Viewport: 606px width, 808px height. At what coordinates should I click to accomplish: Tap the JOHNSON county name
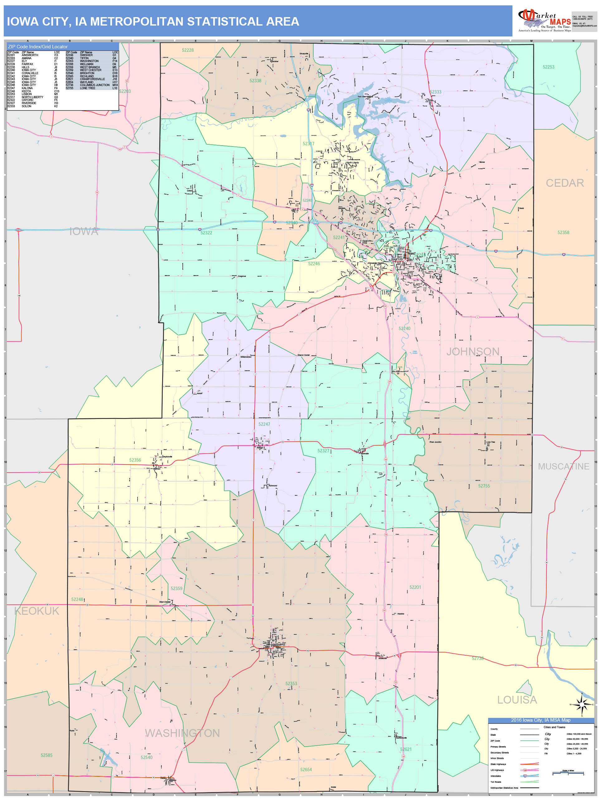click(x=473, y=351)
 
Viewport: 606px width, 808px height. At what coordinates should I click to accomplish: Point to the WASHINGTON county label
click(x=182, y=733)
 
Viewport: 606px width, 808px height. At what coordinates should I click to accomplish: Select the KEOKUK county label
click(x=36, y=611)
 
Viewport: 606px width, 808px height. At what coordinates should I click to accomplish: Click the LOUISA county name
click(x=517, y=700)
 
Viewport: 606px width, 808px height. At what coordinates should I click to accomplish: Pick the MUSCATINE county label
click(x=563, y=466)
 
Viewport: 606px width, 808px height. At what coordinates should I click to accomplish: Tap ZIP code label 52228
click(x=188, y=50)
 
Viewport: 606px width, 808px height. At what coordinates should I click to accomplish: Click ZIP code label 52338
click(x=255, y=81)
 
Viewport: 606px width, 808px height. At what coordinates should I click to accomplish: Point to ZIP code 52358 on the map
click(x=563, y=233)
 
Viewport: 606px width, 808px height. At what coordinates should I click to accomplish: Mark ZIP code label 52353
click(x=291, y=683)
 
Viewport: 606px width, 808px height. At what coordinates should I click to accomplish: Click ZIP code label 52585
click(x=46, y=755)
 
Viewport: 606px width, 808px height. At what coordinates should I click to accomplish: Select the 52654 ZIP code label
click(x=306, y=769)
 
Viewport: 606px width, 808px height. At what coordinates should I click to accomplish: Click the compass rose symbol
click(x=582, y=704)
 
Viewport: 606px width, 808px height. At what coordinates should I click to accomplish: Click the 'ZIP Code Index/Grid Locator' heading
click(x=38, y=47)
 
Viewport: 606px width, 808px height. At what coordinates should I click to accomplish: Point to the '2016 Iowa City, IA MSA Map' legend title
click(x=540, y=720)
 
